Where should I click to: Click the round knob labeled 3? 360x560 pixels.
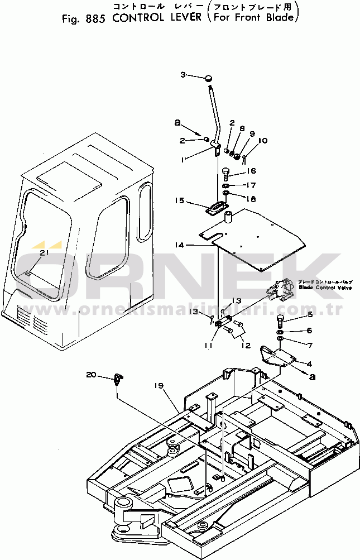tap(208, 78)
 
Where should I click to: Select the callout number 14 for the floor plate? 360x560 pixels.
tap(178, 245)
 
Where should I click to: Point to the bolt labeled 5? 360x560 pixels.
tap(280, 320)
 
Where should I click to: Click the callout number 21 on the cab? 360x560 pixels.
tap(44, 253)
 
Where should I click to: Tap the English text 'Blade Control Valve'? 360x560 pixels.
tap(325, 288)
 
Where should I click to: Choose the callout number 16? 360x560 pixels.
tap(252, 171)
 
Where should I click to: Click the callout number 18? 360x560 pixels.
tap(251, 199)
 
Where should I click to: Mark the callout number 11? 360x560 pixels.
tap(208, 345)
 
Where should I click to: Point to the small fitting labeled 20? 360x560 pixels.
tap(117, 379)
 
